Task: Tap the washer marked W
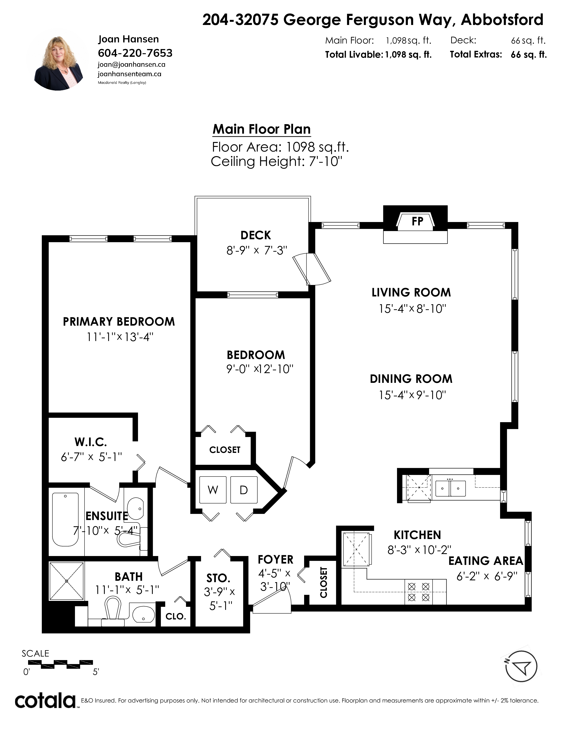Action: pyautogui.click(x=213, y=490)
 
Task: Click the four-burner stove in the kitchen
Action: pyautogui.click(x=419, y=592)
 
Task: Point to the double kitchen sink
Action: pyautogui.click(x=450, y=488)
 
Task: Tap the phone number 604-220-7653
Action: pyautogui.click(x=135, y=53)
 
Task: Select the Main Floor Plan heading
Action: pyautogui.click(x=262, y=129)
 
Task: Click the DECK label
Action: pyautogui.click(x=256, y=235)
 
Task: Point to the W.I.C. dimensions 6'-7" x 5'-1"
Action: pyautogui.click(x=91, y=457)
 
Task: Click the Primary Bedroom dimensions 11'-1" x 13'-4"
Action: pyautogui.click(x=120, y=337)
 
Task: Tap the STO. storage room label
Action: pyautogui.click(x=218, y=578)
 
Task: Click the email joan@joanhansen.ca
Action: pyautogui.click(x=131, y=65)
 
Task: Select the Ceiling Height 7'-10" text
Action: pyautogui.click(x=277, y=161)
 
